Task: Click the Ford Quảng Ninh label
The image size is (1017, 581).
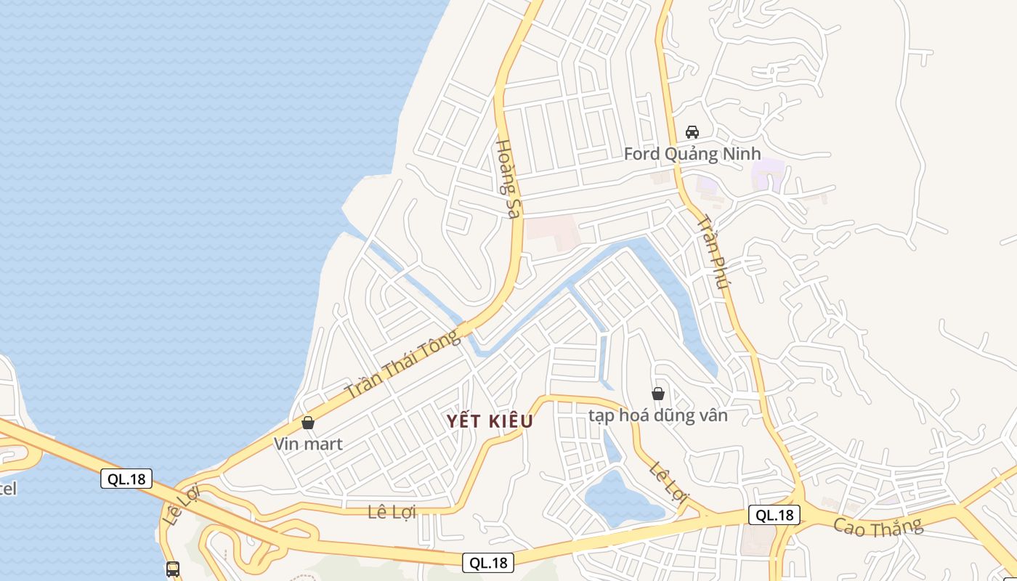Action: pyautogui.click(x=692, y=154)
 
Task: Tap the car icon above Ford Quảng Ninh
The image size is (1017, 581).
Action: pyautogui.click(x=692, y=132)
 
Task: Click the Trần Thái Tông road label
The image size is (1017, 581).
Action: pyautogui.click(x=402, y=365)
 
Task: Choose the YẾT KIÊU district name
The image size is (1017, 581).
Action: pyautogui.click(x=490, y=421)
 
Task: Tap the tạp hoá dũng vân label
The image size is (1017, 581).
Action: pyautogui.click(x=657, y=415)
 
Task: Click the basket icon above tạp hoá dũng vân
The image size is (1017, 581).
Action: pyautogui.click(x=658, y=394)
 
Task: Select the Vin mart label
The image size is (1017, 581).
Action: pyautogui.click(x=308, y=443)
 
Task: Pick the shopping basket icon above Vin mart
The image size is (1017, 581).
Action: pyautogui.click(x=308, y=422)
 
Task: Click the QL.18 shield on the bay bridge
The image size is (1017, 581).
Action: pyautogui.click(x=126, y=479)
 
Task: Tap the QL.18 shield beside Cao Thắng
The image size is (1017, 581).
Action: pyautogui.click(x=774, y=515)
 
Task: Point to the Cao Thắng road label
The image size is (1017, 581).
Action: pyautogui.click(x=878, y=527)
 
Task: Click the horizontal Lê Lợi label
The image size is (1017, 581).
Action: pyautogui.click(x=392, y=512)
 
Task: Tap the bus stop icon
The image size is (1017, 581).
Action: pyautogui.click(x=173, y=569)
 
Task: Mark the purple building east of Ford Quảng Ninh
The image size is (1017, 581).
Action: pyautogui.click(x=768, y=174)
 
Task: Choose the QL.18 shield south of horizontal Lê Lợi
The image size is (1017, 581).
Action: pyautogui.click(x=488, y=562)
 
